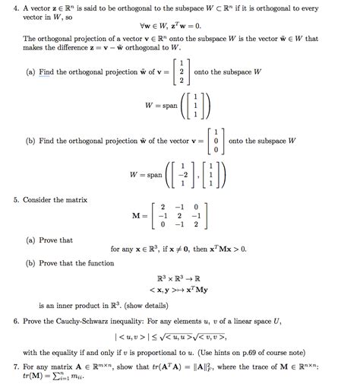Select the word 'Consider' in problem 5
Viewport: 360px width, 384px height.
click(40, 199)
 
